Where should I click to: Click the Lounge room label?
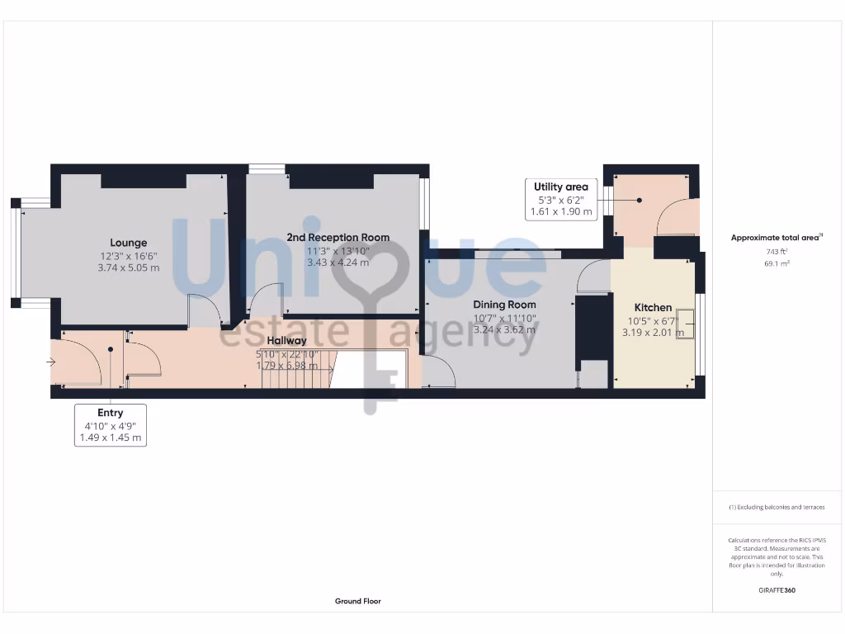point(129,243)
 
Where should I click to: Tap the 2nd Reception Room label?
point(338,238)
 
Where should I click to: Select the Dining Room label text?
point(504,305)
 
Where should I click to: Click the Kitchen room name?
point(653,308)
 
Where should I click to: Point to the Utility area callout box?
point(560,199)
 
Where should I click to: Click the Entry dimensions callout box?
point(110,425)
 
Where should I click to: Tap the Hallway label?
point(286,340)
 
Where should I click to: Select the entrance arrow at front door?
point(51,362)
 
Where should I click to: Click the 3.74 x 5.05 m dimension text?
point(129,267)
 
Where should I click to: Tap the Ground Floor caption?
point(358,601)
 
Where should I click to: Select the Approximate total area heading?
point(776,238)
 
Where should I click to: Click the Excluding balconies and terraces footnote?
point(776,507)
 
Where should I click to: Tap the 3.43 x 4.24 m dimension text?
point(338,263)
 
